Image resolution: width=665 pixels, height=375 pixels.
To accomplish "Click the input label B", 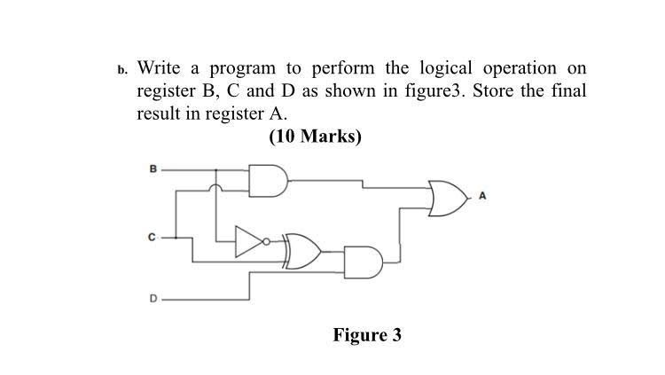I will click(152, 168).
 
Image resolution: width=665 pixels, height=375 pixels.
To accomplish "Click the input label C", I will click(152, 238).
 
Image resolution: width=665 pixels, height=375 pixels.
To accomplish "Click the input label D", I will click(152, 299).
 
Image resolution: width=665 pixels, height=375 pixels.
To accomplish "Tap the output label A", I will click(481, 198).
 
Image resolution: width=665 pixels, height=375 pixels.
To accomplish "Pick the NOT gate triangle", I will click(249, 239).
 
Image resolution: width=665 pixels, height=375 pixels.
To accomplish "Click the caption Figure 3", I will click(367, 335).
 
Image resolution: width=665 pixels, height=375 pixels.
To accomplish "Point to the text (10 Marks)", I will click(315, 137).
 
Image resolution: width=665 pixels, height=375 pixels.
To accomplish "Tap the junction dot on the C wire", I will click(176, 238).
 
